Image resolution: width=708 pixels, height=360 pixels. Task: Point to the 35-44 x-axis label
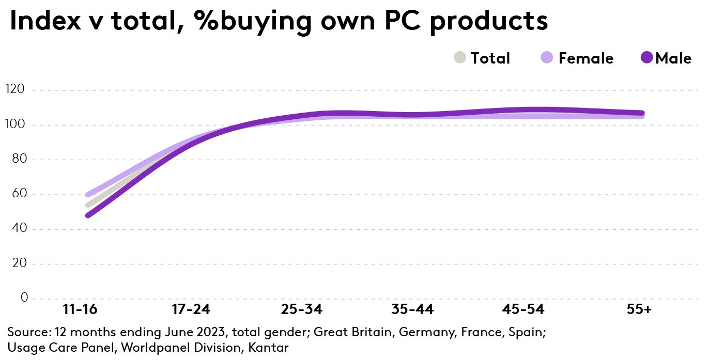(x=413, y=310)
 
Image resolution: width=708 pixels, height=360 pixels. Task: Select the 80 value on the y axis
(x=18, y=160)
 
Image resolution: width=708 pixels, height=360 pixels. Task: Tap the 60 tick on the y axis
(x=18, y=195)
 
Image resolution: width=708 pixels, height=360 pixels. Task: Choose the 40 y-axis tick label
(x=18, y=229)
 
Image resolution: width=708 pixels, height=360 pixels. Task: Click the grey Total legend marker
(x=460, y=58)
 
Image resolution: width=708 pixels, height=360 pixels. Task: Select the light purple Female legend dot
(x=547, y=58)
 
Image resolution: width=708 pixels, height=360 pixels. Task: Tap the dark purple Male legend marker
(x=647, y=58)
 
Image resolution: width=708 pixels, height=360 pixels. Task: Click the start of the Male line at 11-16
(x=88, y=215)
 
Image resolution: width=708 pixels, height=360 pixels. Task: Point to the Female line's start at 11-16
(x=88, y=195)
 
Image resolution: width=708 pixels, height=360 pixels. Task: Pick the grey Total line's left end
(x=88, y=205)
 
